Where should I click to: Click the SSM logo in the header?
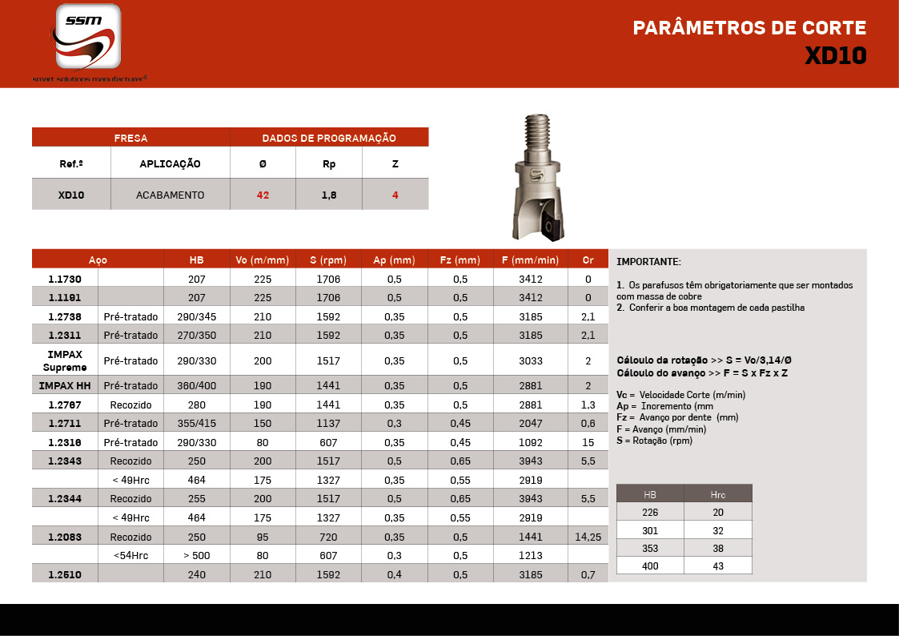[x=89, y=37]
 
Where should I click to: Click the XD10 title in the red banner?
[x=835, y=56]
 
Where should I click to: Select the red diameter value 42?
[x=263, y=195]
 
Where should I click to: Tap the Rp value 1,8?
[x=328, y=195]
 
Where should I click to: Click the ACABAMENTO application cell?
[x=170, y=195]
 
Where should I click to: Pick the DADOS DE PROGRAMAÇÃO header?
[x=329, y=138]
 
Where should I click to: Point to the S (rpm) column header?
[x=328, y=260]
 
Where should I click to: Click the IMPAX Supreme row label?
[x=65, y=360]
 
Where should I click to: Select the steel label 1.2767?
[x=65, y=405]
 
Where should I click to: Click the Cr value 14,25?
[x=588, y=537]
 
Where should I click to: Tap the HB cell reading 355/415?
[x=196, y=423]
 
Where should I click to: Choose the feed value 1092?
[x=530, y=442]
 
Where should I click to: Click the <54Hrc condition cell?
[x=130, y=555]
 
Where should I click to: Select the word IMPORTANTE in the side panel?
[x=648, y=262]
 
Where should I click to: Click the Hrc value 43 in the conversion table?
[x=718, y=566]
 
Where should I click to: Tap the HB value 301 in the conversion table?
[x=650, y=529]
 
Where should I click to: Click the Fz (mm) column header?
[x=460, y=260]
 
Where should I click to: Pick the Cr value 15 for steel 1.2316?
[x=588, y=442]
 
